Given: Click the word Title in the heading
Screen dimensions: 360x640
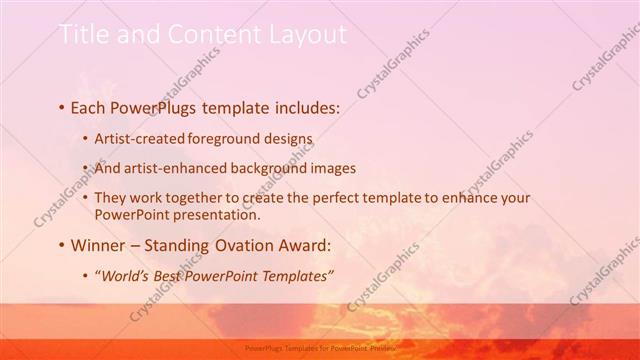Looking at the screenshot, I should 83,35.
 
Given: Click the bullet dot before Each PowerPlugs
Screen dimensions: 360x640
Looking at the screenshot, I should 62,105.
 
